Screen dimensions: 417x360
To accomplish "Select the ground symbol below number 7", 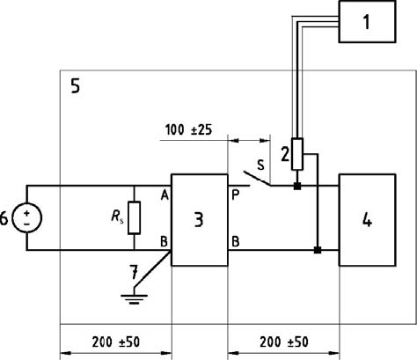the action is (x=134, y=298).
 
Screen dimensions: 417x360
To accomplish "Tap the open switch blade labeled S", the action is (x=257, y=179).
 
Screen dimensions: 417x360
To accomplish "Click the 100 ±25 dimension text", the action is (x=188, y=129).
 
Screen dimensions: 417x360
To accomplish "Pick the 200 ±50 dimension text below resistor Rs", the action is (x=116, y=342).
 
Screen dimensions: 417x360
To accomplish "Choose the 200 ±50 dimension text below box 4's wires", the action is (x=284, y=342).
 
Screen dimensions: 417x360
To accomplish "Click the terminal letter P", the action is (x=235, y=195).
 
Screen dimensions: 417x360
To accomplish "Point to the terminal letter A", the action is (x=165, y=195).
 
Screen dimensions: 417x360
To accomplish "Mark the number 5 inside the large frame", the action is (x=76, y=86).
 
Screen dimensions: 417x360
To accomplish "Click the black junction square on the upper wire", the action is (x=297, y=186).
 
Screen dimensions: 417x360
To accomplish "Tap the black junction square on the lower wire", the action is (x=318, y=250).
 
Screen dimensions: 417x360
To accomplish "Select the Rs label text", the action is (x=117, y=217).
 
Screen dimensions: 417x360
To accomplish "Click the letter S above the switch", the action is (x=260, y=165).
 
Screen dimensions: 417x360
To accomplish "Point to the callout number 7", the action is (x=134, y=272).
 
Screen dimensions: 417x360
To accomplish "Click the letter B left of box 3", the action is (x=165, y=242).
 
